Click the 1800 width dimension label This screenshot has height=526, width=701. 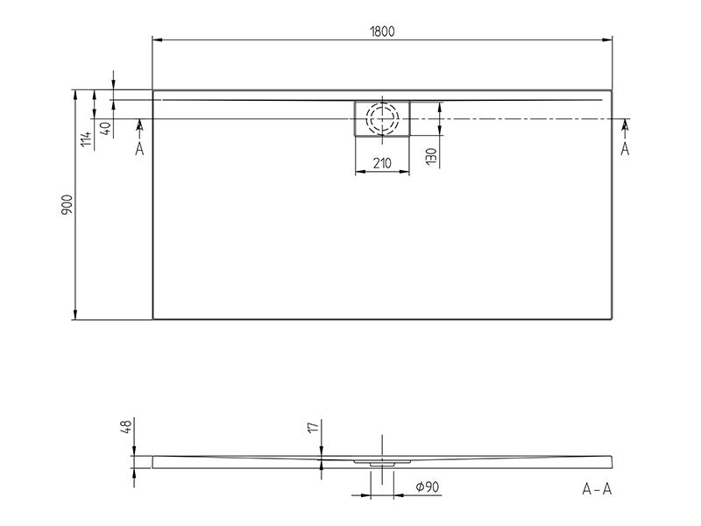tap(382, 32)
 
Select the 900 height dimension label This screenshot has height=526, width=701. tap(67, 204)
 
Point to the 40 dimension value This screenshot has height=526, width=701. tap(105, 128)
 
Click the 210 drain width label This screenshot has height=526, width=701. tap(382, 163)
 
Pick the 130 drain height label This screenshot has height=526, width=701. tap(431, 156)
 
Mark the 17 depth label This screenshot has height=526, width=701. tap(314, 426)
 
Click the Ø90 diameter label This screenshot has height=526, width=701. tap(428, 487)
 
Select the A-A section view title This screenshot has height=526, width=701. tap(597, 489)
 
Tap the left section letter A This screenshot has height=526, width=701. tap(139, 149)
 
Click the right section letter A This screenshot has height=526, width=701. tap(625, 149)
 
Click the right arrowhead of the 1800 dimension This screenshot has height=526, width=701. tap(607, 39)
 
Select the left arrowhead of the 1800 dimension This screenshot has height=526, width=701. tap(158, 39)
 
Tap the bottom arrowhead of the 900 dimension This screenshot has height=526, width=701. tap(75, 315)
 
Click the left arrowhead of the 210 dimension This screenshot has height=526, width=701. tap(360, 171)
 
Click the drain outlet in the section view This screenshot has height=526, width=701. tap(382, 465)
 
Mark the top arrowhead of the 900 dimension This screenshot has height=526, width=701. tap(75, 96)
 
